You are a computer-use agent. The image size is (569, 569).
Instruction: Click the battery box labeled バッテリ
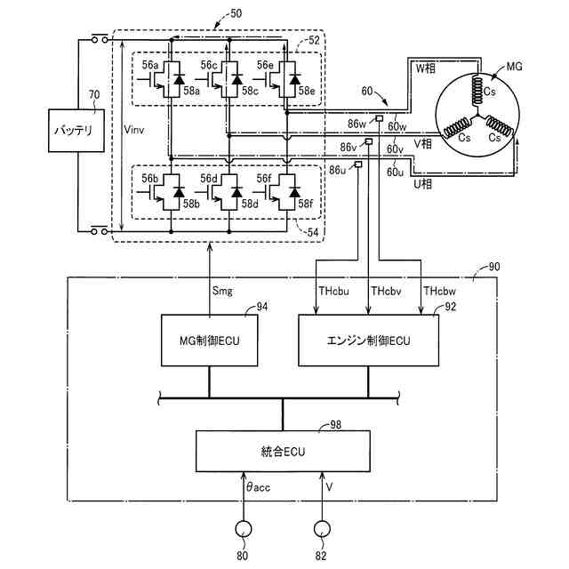click(76, 131)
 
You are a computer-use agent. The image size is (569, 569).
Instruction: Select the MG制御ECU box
click(210, 340)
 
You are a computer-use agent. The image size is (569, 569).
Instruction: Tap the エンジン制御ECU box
click(368, 340)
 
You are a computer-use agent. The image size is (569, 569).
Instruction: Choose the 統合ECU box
click(283, 451)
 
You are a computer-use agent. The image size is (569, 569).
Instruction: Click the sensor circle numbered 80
click(243, 529)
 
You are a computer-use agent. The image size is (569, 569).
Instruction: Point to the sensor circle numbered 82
click(322, 529)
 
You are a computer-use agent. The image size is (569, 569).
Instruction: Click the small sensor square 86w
click(380, 118)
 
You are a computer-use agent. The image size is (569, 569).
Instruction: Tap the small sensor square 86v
click(369, 141)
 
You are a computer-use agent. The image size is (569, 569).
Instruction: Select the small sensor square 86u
click(358, 164)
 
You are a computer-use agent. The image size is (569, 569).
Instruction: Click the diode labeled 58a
click(179, 79)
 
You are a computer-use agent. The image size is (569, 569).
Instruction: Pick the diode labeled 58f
click(294, 192)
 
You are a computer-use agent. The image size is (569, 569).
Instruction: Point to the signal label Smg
click(222, 291)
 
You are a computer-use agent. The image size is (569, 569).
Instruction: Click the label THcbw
click(439, 291)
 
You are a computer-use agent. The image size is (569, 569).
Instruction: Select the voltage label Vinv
click(134, 130)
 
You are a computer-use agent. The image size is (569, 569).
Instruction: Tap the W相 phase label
click(425, 68)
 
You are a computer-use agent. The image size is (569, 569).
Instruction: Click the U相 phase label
click(423, 184)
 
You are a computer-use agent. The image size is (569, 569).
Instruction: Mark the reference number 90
click(494, 267)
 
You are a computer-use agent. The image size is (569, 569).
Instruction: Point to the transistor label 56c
click(209, 65)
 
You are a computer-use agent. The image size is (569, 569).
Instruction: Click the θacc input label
click(258, 487)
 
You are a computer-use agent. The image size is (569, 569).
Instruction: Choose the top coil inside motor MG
click(477, 90)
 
